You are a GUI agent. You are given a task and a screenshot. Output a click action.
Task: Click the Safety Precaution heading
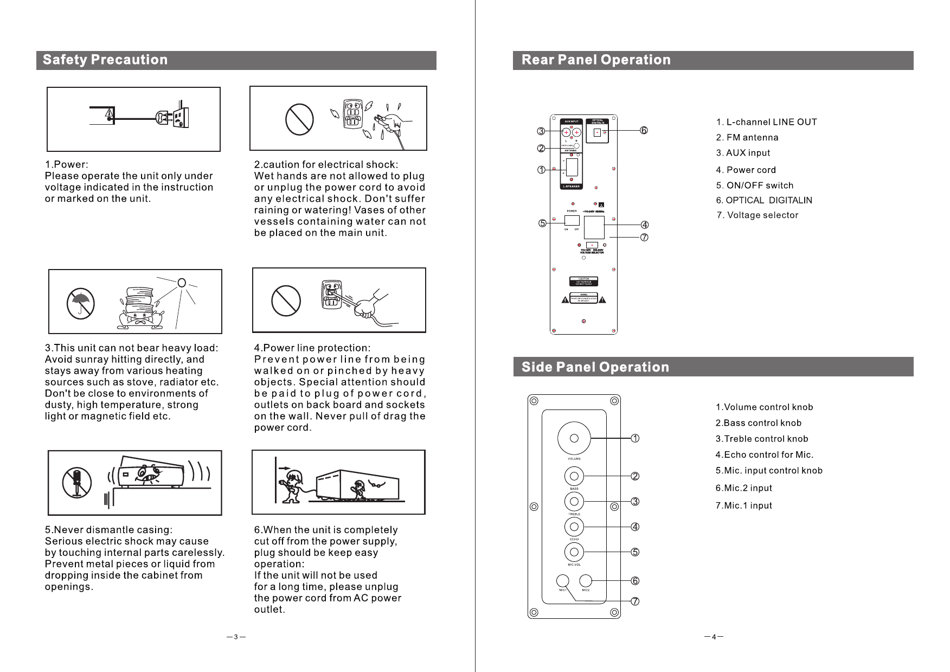tap(105, 60)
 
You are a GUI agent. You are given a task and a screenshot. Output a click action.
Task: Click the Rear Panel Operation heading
tap(595, 60)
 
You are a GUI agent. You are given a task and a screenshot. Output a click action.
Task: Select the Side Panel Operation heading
tap(595, 367)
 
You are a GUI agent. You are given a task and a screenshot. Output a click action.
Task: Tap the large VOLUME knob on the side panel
tap(574, 438)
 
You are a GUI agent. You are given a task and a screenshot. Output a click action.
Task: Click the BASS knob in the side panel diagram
tap(574, 476)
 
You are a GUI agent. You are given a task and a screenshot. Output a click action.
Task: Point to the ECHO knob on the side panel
tap(574, 527)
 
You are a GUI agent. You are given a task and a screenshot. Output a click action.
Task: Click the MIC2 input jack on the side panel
tap(586, 581)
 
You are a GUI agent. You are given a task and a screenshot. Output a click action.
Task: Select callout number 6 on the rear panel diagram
tap(644, 131)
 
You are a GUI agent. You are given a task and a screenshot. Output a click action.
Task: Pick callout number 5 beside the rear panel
tap(542, 223)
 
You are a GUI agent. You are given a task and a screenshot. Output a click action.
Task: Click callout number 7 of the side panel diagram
tap(635, 601)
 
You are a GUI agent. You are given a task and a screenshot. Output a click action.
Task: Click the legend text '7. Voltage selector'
tap(757, 215)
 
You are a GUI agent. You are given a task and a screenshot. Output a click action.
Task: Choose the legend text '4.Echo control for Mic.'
tap(764, 455)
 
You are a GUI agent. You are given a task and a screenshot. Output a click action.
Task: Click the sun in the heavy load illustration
tap(182, 283)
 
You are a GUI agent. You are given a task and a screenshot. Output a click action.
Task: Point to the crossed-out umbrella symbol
tap(81, 304)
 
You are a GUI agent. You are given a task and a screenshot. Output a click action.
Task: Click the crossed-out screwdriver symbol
tap(76, 482)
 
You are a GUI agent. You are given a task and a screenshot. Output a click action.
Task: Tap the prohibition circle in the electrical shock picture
tap(299, 119)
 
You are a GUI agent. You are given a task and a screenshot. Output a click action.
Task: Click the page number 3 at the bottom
tap(236, 637)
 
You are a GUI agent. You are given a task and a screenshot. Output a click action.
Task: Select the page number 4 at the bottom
tap(714, 637)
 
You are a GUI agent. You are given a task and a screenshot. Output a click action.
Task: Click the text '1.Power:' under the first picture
tap(66, 164)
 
